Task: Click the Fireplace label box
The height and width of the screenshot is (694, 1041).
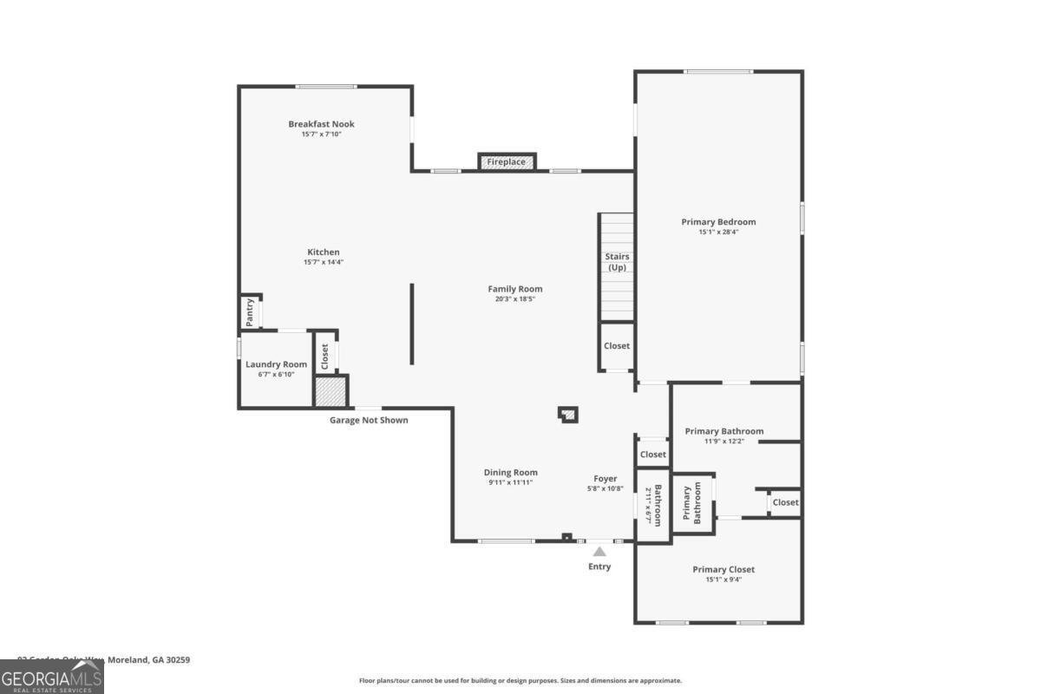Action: pos(507,162)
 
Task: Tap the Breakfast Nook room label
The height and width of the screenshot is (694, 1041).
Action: pos(321,124)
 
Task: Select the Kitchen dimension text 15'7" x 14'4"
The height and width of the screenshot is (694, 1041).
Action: pos(323,262)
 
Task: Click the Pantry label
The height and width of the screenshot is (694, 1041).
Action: pos(250,312)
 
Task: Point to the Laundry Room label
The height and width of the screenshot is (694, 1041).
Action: pos(276,364)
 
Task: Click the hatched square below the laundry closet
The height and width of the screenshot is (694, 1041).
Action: pos(330,391)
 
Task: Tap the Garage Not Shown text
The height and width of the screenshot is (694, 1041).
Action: pos(369,421)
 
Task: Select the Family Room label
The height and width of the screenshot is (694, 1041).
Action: pos(514,289)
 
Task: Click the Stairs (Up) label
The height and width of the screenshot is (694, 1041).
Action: pos(617,261)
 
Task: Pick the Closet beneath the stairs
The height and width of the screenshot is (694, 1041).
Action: pos(617,345)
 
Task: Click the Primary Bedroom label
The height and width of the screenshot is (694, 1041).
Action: pos(718,222)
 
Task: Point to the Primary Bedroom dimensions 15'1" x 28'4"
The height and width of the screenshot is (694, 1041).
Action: pos(718,232)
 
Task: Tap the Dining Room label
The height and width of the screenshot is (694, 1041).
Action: pos(511,473)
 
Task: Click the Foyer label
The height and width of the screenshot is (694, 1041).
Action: pos(605,479)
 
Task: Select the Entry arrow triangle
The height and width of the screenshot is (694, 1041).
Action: pos(599,551)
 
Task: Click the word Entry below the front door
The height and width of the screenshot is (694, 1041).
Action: pos(599,566)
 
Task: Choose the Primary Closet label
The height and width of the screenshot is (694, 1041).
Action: pos(723,569)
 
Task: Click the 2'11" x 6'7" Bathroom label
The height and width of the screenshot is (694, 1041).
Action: pos(652,505)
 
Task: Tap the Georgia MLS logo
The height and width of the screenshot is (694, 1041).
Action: pos(52,677)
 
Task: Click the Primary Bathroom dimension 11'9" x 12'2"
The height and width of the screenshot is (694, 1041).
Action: pos(724,442)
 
